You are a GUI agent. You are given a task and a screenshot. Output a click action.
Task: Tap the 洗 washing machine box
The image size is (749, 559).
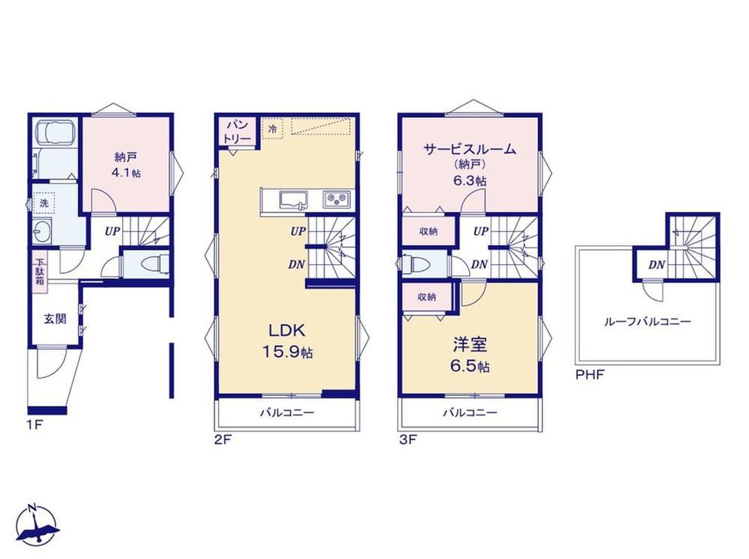tap(44, 203)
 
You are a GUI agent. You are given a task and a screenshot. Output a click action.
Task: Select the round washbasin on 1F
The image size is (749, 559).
tap(43, 232)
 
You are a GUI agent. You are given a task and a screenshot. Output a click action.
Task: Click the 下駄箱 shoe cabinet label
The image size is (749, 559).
tap(40, 272)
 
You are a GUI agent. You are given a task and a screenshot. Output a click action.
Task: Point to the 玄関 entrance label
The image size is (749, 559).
tap(55, 319)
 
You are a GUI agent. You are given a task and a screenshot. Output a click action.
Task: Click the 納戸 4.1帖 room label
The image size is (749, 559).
tap(126, 164)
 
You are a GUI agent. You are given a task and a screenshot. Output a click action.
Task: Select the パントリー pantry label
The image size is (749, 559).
tap(237, 131)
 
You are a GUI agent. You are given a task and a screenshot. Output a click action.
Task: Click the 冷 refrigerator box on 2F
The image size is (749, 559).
tap(272, 129)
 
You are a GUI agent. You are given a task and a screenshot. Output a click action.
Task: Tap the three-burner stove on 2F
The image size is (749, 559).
tap(336, 199)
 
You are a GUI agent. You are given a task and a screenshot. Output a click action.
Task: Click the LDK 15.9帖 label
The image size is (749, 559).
tap(287, 341)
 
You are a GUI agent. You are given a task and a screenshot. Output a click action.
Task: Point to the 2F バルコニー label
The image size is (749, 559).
tap(287, 412)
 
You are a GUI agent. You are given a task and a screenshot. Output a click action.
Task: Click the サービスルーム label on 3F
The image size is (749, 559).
tap(470, 150)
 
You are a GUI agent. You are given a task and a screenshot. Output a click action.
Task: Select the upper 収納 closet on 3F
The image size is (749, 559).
tap(429, 231)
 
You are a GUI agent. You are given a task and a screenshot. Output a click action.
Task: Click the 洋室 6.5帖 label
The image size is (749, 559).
tap(470, 355)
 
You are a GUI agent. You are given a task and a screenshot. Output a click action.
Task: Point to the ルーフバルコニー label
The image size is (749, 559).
tap(647, 321)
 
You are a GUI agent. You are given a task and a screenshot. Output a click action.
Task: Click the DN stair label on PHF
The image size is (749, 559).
tap(657, 264)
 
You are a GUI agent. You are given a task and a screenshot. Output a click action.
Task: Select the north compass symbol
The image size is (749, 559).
tap(37, 525)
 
